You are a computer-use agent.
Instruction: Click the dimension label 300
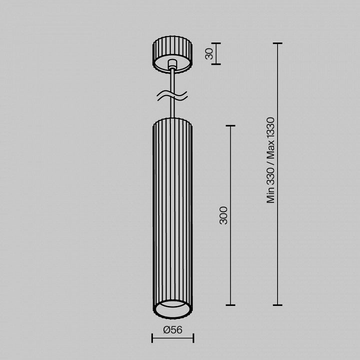(223, 215)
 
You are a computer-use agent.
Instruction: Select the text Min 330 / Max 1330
(271, 160)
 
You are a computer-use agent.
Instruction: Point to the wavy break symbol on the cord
(172, 94)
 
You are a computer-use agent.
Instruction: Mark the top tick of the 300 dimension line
(230, 125)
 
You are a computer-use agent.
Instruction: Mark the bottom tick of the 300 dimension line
(230, 305)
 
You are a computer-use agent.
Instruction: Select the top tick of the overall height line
(277, 43)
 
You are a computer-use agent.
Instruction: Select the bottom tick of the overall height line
(277, 305)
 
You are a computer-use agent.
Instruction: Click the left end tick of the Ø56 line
(152, 338)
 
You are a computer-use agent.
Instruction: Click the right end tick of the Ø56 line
(193, 338)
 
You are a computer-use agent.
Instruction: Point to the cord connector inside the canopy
(172, 63)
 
